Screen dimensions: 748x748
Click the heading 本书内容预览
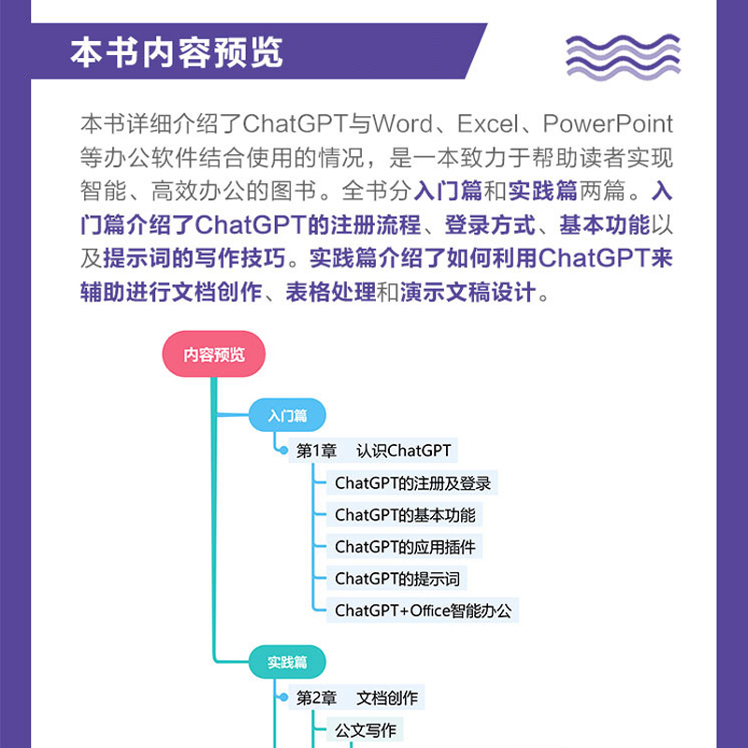pyautogui.click(x=176, y=53)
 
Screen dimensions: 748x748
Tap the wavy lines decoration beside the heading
pyautogui.click(x=623, y=55)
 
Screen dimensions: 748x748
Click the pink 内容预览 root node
pyautogui.click(x=214, y=355)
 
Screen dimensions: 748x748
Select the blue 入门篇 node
pyautogui.click(x=287, y=416)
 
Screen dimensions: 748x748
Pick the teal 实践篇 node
pyautogui.click(x=287, y=662)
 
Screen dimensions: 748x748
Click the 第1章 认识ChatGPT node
pyautogui.click(x=373, y=451)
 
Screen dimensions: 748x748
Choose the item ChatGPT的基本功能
pyautogui.click(x=405, y=515)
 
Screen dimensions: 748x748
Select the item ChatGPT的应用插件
pyautogui.click(x=409, y=547)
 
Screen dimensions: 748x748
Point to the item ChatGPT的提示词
pyautogui.click(x=397, y=579)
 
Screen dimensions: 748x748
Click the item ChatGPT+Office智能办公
pyautogui.click(x=424, y=611)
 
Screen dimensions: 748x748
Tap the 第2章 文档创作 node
pyautogui.click(x=357, y=698)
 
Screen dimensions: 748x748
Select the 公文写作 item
pyautogui.click(x=366, y=730)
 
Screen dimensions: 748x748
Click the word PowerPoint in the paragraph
pyautogui.click(x=608, y=124)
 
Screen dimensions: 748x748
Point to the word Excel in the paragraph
pyautogui.click(x=493, y=124)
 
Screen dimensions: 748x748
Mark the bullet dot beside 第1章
pyautogui.click(x=282, y=451)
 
